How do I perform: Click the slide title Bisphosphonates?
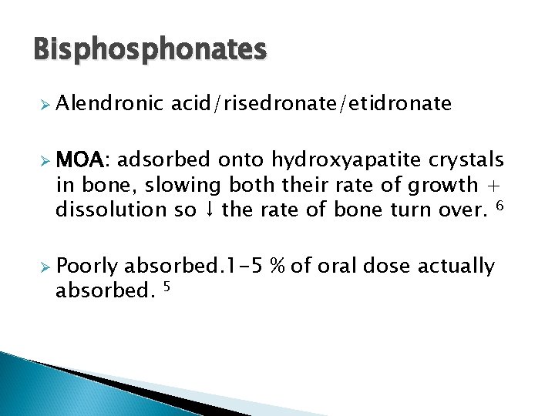point(150,50)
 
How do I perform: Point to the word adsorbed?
point(164,160)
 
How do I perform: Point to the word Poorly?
point(86,267)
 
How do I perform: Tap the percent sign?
point(280,267)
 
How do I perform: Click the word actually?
point(456,267)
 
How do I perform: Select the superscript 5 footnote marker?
point(166,287)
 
